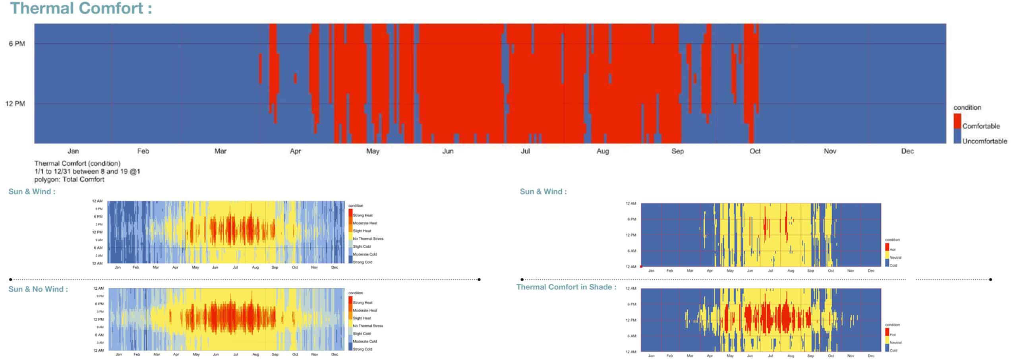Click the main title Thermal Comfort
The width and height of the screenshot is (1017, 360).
pyautogui.click(x=81, y=8)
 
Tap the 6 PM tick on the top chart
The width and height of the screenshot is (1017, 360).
pyautogui.click(x=17, y=44)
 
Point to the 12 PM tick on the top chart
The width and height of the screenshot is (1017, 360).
pyautogui.click(x=15, y=104)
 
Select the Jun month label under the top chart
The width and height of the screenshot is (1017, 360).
pyautogui.click(x=448, y=151)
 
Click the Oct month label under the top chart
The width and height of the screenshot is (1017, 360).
pyautogui.click(x=755, y=151)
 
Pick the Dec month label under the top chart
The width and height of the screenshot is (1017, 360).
pyautogui.click(x=907, y=151)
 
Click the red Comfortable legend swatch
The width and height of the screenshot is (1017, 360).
pyautogui.click(x=957, y=121)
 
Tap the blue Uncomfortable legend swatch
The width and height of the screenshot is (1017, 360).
pyautogui.click(x=957, y=136)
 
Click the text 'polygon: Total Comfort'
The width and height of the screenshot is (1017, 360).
pyautogui.click(x=69, y=180)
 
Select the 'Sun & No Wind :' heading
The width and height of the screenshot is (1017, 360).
pyautogui.click(x=38, y=289)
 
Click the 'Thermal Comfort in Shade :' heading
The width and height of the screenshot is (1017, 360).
pyautogui.click(x=566, y=287)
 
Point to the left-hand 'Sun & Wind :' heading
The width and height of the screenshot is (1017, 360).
pyautogui.click(x=32, y=192)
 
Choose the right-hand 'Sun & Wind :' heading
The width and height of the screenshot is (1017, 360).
pyautogui.click(x=543, y=192)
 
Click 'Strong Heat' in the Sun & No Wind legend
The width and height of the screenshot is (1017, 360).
pyautogui.click(x=363, y=303)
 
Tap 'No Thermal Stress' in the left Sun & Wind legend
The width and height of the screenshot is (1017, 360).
pyautogui.click(x=368, y=239)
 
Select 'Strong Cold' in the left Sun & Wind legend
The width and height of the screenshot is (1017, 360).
pyautogui.click(x=362, y=262)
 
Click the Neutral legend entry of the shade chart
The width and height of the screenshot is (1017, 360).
pyautogui.click(x=895, y=343)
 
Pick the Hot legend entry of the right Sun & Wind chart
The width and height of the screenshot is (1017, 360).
pyautogui.click(x=892, y=250)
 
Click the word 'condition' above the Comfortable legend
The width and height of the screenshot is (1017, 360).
pyautogui.click(x=967, y=108)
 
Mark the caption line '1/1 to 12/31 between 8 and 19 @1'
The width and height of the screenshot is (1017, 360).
pyautogui.click(x=87, y=172)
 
